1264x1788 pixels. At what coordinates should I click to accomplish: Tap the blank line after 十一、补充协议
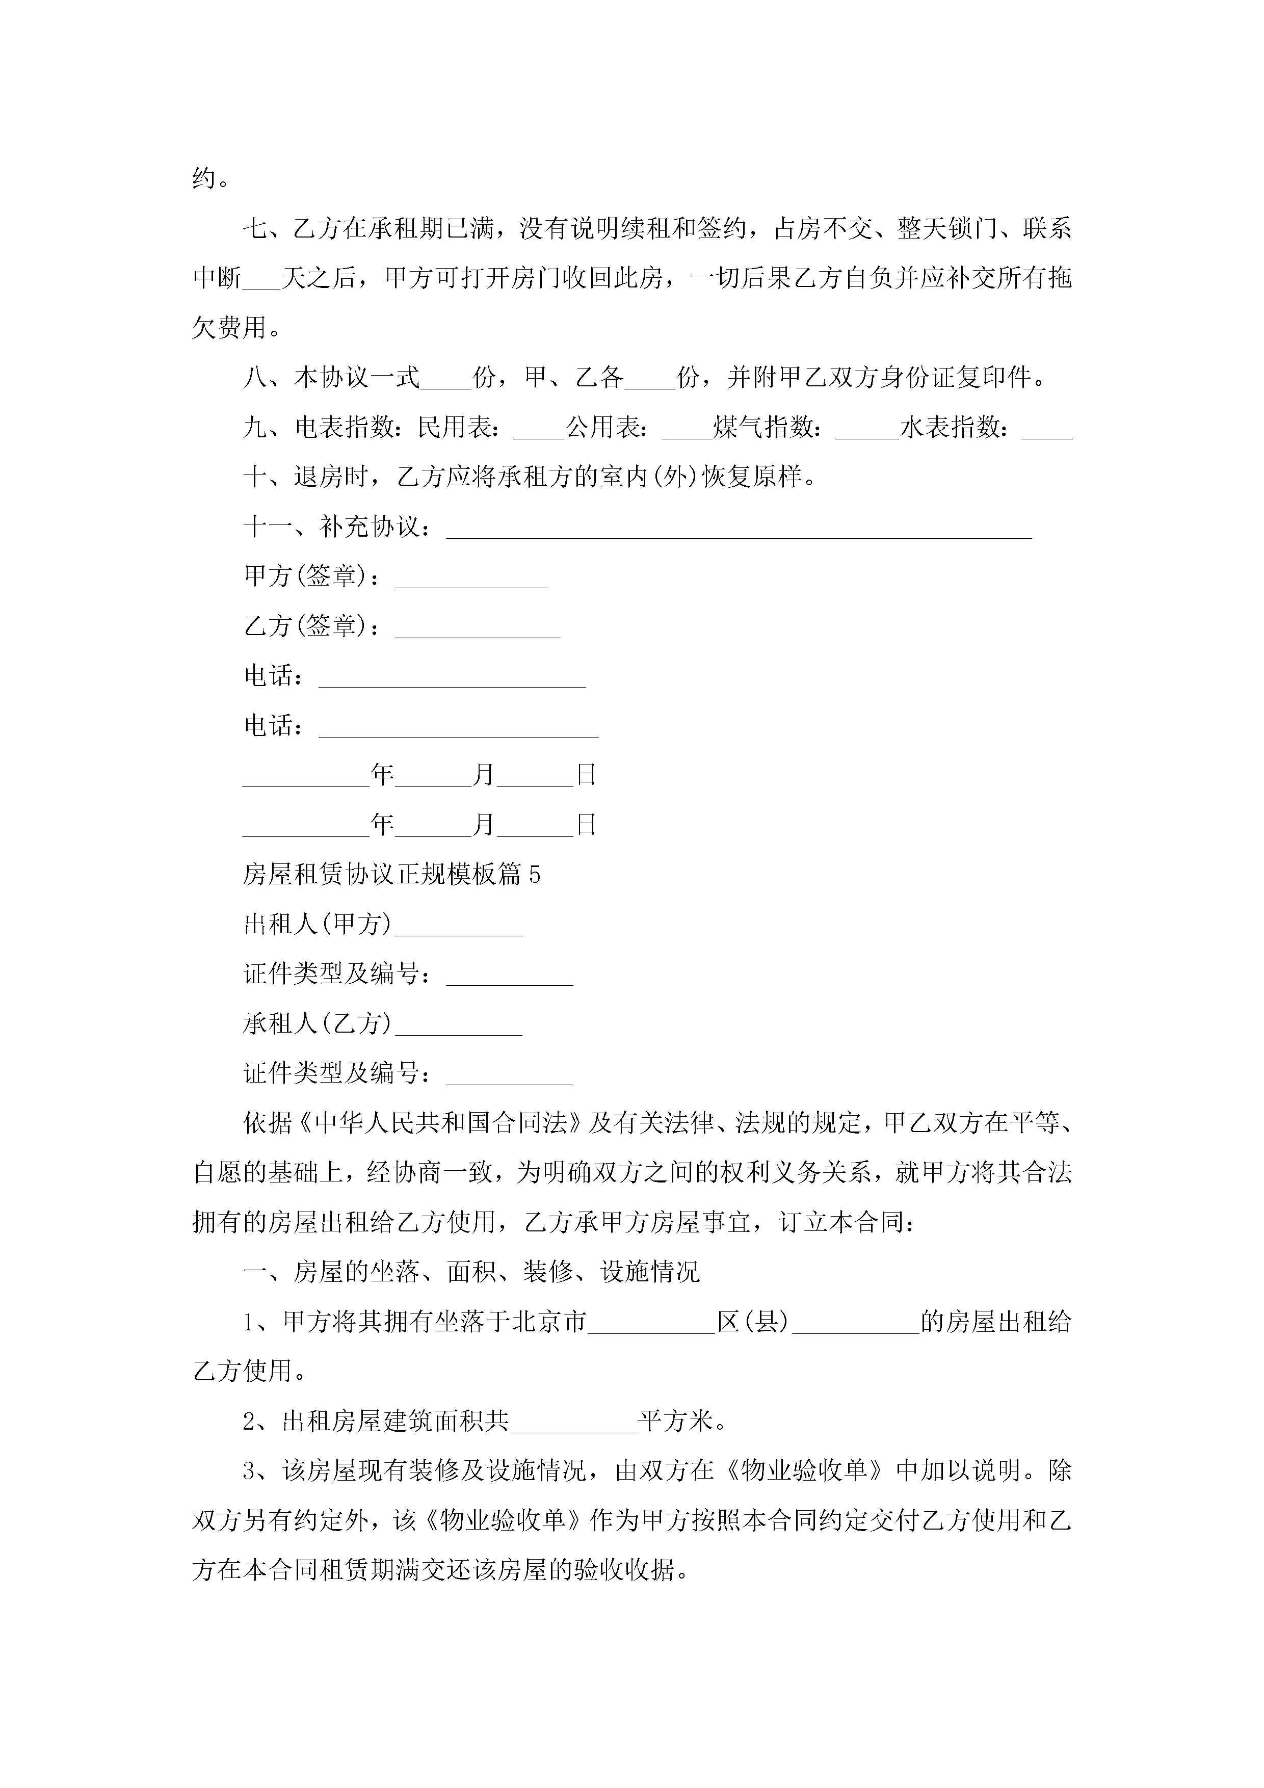pos(739,530)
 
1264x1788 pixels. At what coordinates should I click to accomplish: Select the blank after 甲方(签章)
pos(471,579)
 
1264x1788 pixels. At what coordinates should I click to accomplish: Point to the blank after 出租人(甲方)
pos(459,927)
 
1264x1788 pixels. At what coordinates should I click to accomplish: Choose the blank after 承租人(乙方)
pos(459,1026)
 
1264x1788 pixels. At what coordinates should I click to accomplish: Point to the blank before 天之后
pos(261,280)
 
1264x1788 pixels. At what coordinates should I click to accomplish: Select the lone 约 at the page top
pos(204,179)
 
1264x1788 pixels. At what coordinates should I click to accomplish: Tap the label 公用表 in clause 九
pos(603,428)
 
